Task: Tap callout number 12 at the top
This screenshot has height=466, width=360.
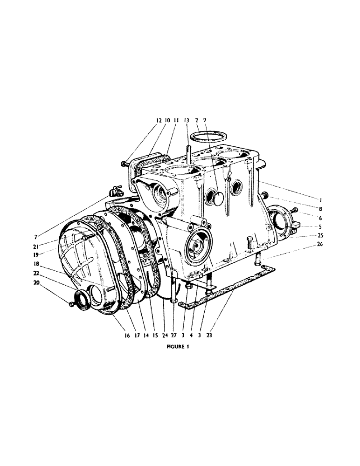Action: (x=158, y=120)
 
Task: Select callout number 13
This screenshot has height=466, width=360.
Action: (x=187, y=120)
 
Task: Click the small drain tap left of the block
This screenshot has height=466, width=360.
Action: (x=115, y=191)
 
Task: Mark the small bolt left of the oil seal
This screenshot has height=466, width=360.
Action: (x=70, y=304)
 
